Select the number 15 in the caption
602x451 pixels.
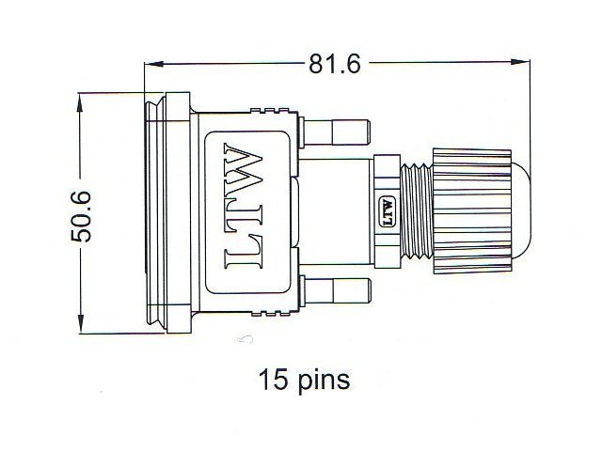273,381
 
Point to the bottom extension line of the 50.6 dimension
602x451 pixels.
113,333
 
